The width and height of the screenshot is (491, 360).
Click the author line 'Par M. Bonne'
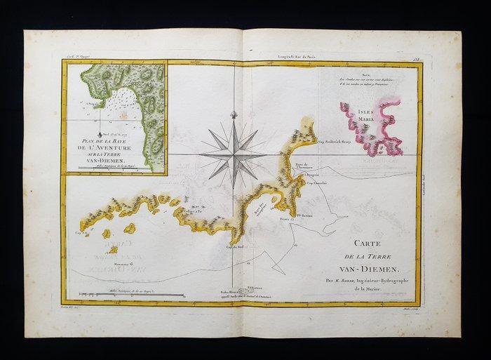(372, 279)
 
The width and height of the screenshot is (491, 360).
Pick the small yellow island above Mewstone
(112, 248)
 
